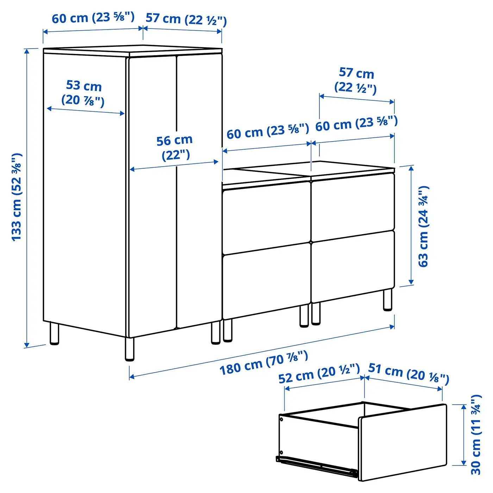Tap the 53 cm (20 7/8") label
point(83,93)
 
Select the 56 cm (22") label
point(175,148)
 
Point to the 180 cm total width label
point(264,363)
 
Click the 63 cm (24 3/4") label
point(424,226)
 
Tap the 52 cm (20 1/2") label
point(319,374)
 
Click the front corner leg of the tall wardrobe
point(130,349)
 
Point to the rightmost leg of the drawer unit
point(388,300)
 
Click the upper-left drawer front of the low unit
point(266,218)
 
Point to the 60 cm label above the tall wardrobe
point(93,18)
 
